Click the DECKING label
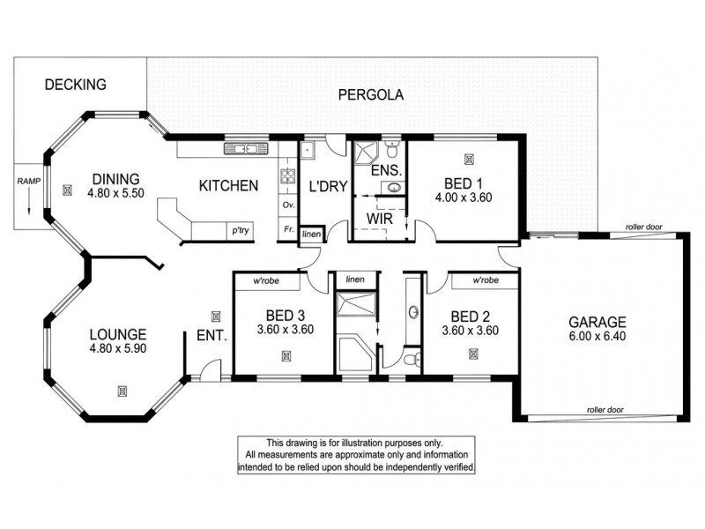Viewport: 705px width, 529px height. click(75, 86)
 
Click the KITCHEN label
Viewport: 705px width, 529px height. click(227, 186)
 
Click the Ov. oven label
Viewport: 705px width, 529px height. click(287, 205)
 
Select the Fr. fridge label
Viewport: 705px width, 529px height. click(287, 230)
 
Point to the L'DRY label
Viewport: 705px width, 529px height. click(325, 186)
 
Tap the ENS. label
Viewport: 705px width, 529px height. click(385, 170)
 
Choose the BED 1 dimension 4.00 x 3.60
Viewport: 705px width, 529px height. click(463, 198)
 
